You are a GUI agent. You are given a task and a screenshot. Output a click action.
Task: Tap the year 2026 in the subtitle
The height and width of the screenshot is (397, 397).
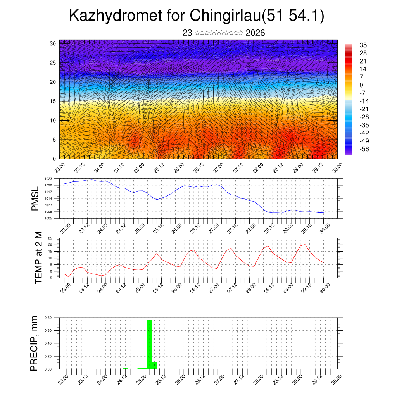coord(255,33)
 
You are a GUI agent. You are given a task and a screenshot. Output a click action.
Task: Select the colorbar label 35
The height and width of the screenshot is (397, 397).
coord(363,45)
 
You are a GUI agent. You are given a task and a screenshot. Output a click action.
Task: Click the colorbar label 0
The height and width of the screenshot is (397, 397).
coord(362,85)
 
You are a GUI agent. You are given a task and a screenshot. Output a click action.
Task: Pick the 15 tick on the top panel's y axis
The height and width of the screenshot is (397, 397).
coord(53,101)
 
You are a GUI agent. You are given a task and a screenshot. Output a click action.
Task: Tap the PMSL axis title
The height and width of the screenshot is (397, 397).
coord(35,198)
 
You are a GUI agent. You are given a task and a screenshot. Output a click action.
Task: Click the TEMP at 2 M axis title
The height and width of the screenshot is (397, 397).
coord(38,258)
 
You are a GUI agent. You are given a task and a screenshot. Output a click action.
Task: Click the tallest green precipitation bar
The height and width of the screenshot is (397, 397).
coord(150,344)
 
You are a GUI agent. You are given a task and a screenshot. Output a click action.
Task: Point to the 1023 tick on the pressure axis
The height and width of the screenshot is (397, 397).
coord(48,179)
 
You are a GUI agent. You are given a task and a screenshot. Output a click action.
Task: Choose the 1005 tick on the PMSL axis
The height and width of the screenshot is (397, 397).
coord(48,218)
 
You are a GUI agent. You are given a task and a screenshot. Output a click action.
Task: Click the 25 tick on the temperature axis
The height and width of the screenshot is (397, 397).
coord(50,238)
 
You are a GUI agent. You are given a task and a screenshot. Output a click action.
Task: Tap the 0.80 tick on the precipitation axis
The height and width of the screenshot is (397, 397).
coord(48,318)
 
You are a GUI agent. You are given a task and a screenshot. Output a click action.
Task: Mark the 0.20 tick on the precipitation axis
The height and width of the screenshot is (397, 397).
coord(48,356)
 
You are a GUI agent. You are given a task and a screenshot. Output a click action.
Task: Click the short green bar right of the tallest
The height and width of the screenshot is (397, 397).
coord(155,365)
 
